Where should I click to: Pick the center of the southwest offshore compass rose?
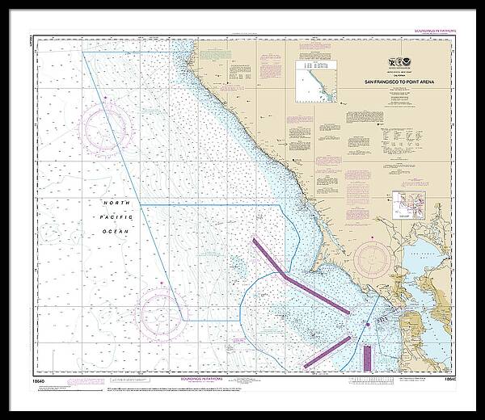[x=162, y=312]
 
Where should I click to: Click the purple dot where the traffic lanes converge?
[x=367, y=324]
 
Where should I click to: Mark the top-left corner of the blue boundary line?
[x=83, y=52]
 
